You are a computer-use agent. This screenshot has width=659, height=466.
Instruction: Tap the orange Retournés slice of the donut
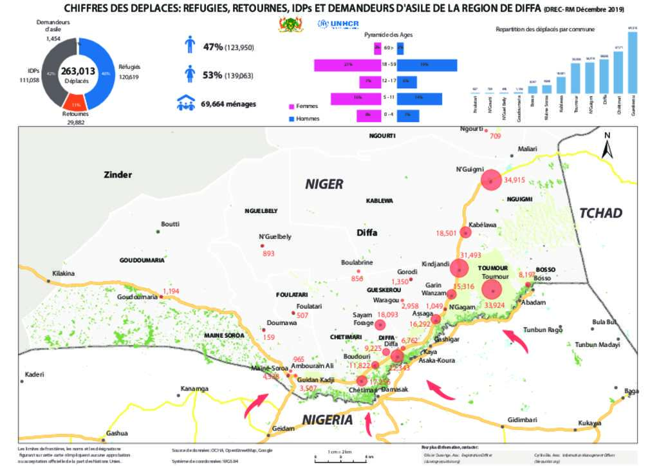click(76, 104)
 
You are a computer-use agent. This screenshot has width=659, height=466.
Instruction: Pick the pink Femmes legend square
click(292, 106)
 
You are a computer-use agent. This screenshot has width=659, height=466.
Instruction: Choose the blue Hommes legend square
click(292, 118)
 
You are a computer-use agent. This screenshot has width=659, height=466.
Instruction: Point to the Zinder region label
click(118, 174)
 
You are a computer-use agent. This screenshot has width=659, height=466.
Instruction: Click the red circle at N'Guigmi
click(491, 180)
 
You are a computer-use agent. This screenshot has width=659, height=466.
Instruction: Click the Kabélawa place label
click(483, 225)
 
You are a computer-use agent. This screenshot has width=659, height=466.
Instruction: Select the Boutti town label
click(170, 224)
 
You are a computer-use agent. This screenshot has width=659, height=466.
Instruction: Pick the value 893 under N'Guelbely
click(269, 254)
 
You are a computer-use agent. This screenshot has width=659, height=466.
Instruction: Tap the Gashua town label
click(117, 433)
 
